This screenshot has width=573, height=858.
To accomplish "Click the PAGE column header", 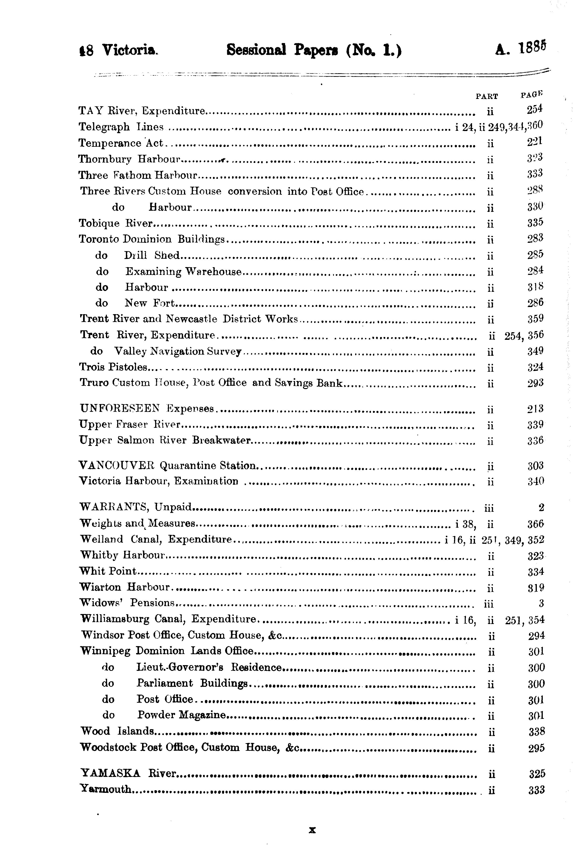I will [x=532, y=95].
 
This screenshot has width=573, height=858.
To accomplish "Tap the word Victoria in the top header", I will [x=130, y=50].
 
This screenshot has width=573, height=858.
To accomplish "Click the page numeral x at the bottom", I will [x=312, y=830].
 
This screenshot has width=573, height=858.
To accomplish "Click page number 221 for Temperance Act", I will [x=535, y=142].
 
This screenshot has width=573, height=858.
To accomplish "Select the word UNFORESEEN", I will [x=120, y=408].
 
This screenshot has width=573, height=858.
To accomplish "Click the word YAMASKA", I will [x=110, y=773].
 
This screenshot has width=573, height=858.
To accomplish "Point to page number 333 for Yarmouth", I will [x=536, y=790].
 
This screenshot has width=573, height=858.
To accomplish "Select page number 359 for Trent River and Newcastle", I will [x=535, y=319].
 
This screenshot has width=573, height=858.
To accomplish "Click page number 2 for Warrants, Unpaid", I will [x=541, y=507].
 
